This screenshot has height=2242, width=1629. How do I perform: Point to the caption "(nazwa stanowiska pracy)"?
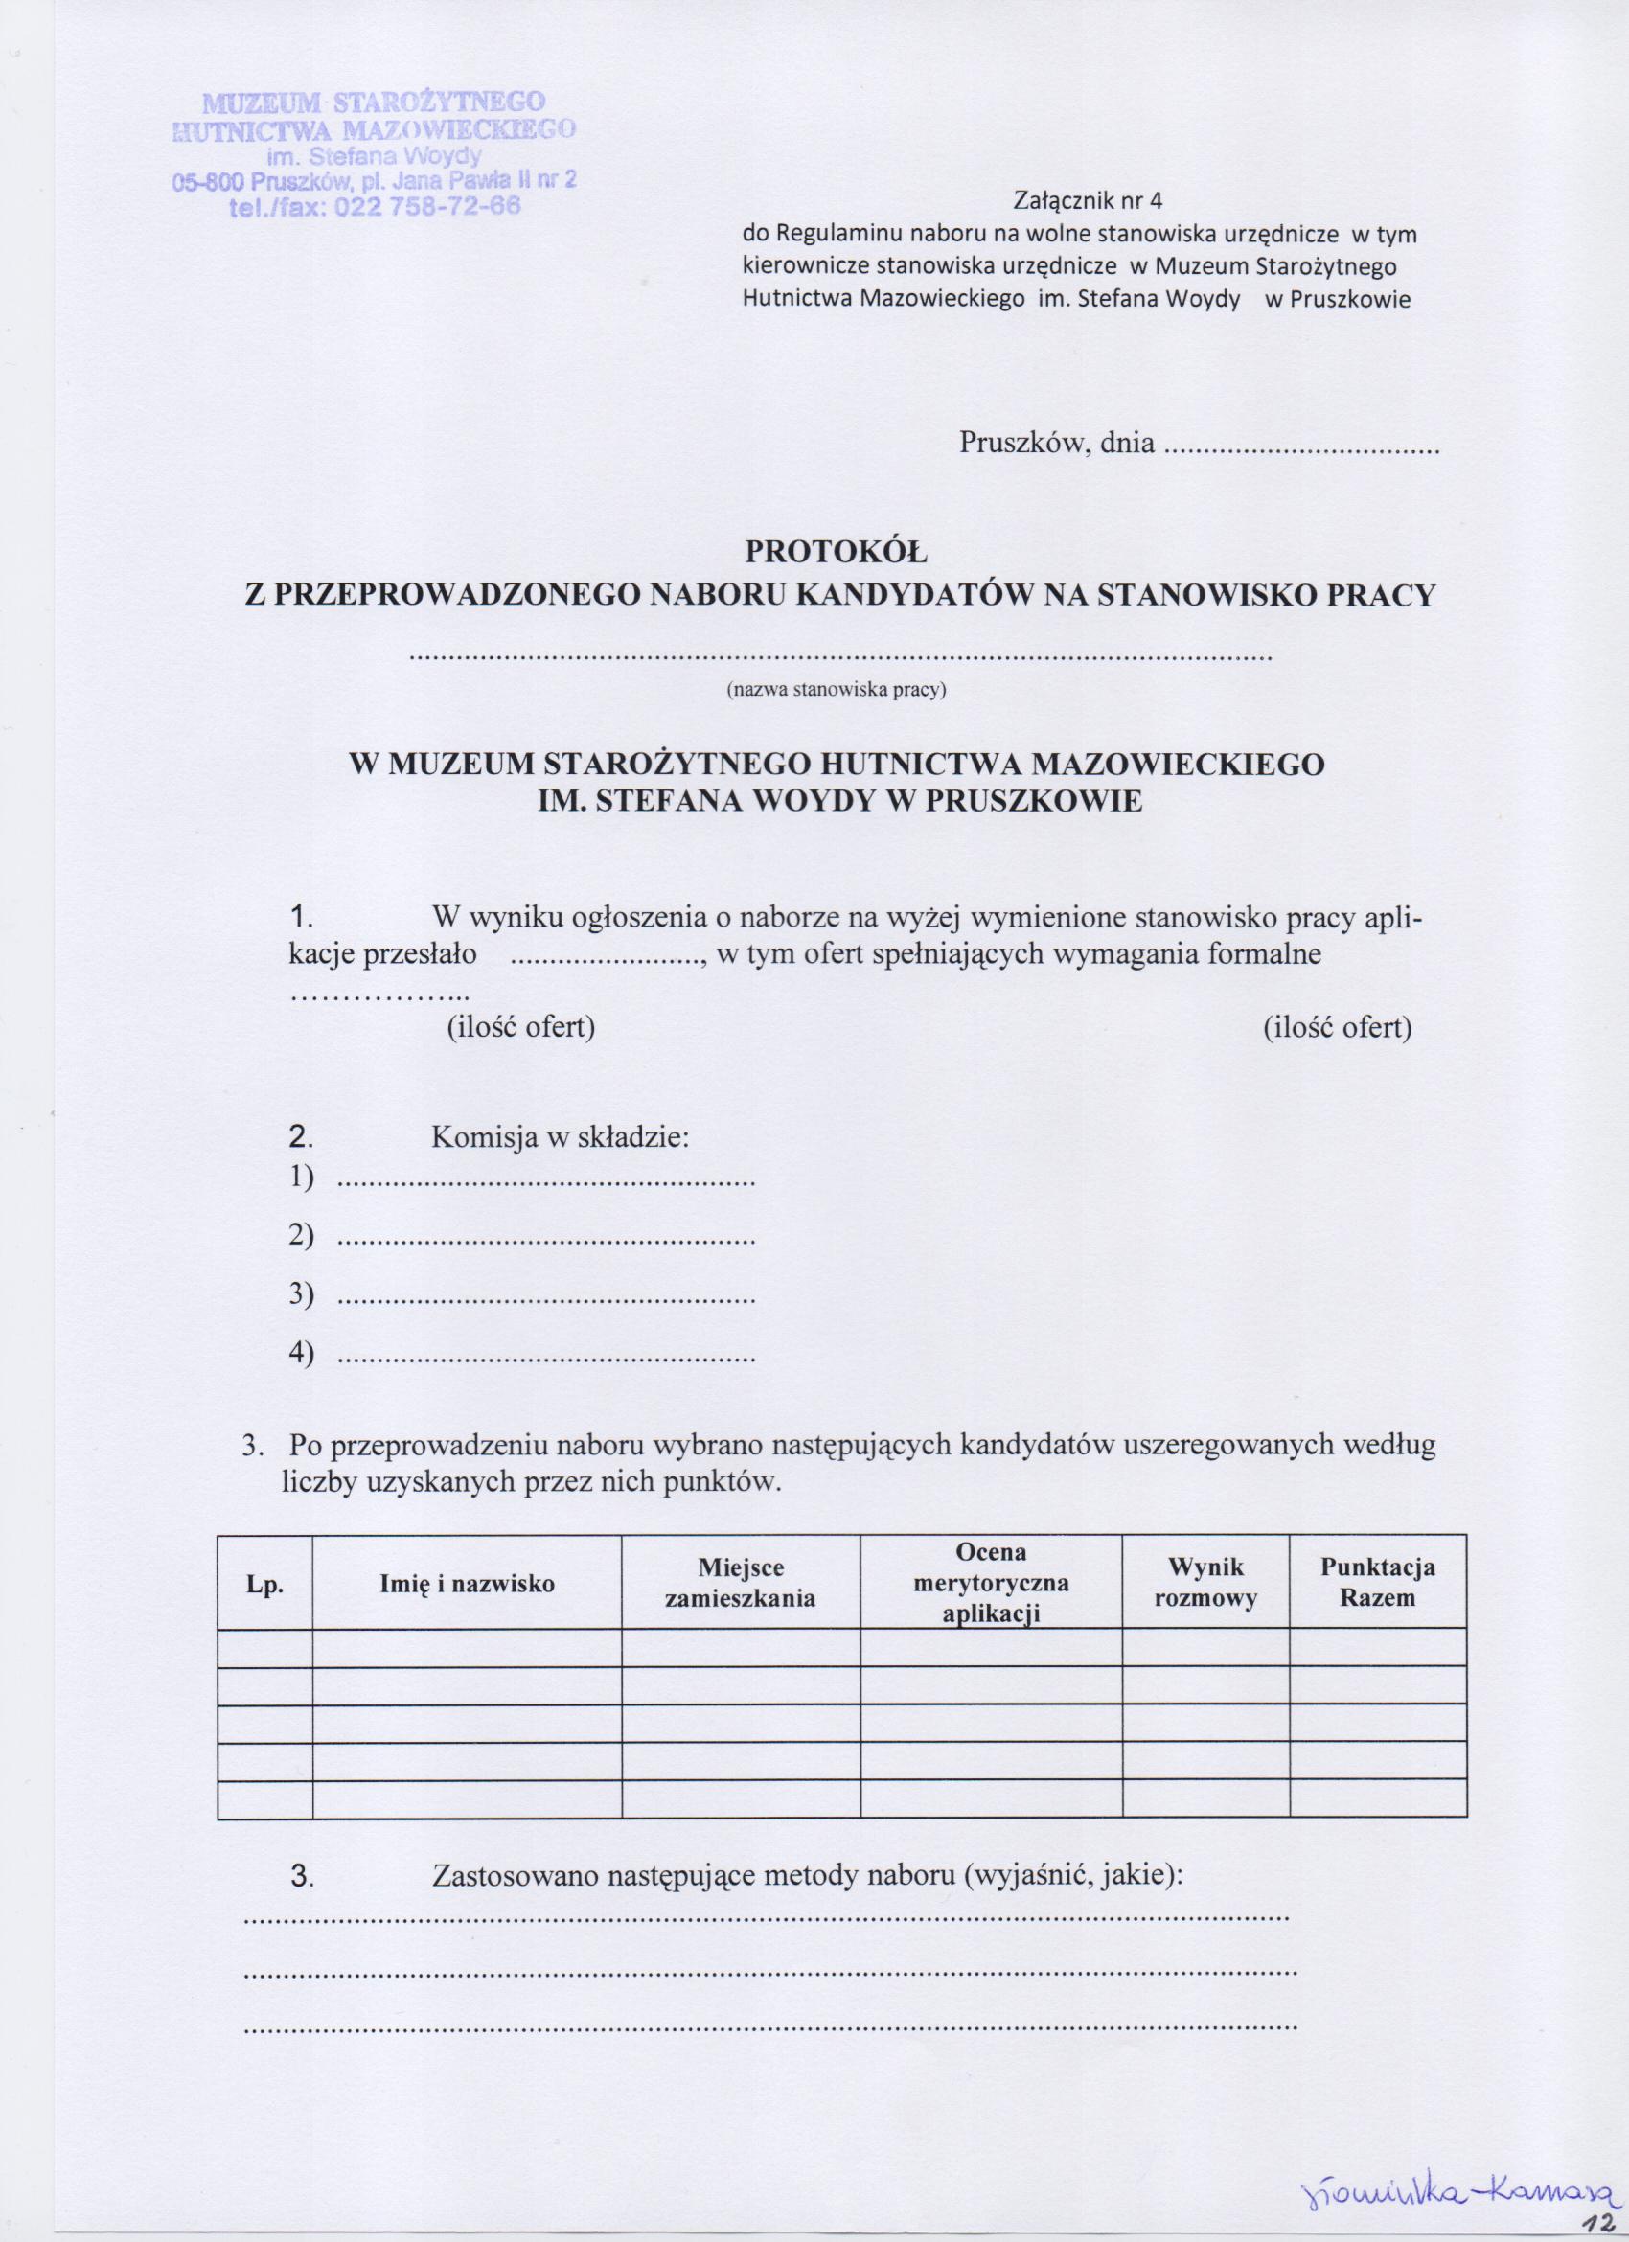[x=837, y=691]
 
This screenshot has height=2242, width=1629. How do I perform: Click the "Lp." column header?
[x=264, y=1584]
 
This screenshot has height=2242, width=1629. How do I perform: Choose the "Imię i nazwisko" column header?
[x=468, y=1584]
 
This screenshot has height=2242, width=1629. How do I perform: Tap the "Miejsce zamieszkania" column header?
[x=741, y=1584]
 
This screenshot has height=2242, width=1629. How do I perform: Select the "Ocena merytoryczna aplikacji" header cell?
[x=992, y=1583]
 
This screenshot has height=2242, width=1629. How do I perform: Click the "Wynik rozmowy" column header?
[x=1205, y=1583]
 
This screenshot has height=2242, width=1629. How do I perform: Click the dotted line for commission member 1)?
[x=546, y=1181]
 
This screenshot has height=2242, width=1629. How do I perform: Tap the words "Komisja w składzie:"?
[x=560, y=1138]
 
